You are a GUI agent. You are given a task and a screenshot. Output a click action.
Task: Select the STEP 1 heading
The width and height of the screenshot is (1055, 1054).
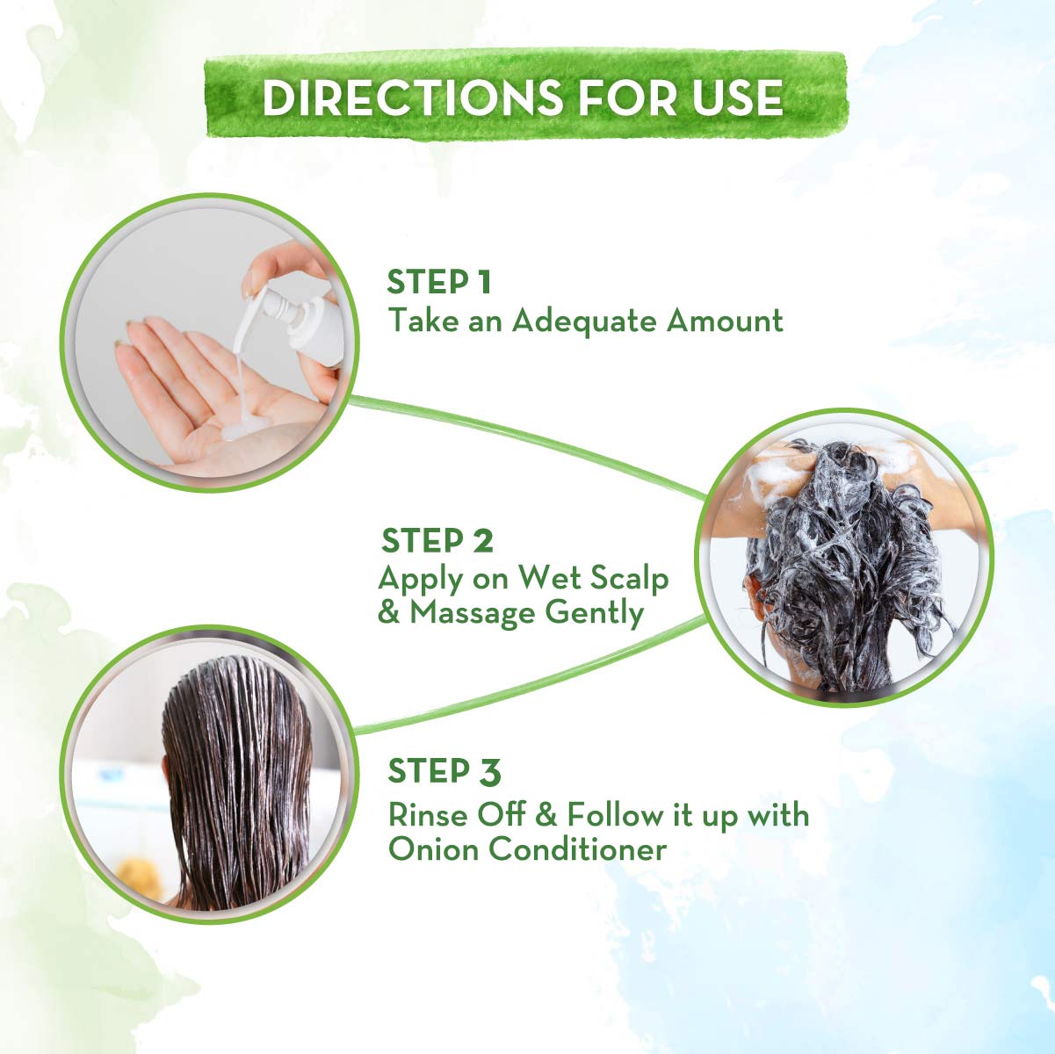[438, 282]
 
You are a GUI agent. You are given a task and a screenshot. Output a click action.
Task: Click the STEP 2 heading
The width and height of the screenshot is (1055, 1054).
[437, 540]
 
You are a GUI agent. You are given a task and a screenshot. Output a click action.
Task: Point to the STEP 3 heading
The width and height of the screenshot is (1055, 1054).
[444, 771]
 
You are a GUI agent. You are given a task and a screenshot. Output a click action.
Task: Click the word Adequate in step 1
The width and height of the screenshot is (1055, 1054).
[583, 321]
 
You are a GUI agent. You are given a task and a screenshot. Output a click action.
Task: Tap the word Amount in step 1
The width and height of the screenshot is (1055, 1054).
[725, 321]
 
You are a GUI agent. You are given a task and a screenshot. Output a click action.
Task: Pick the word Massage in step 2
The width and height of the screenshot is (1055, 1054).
[472, 614]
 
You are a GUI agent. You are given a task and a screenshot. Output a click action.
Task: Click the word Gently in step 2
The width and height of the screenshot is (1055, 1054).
[594, 614]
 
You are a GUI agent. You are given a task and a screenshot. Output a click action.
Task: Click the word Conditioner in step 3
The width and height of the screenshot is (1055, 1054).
[578, 849]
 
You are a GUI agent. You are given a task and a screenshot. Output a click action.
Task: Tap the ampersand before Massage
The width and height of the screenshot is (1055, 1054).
[388, 613]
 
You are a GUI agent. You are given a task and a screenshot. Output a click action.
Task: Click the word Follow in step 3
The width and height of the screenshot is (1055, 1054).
[614, 815]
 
